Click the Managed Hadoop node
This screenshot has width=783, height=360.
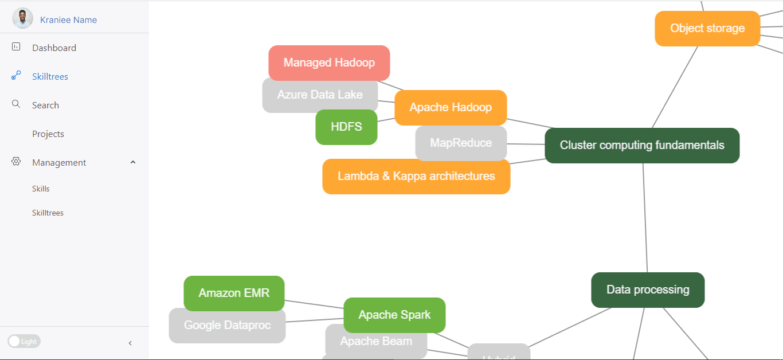pos(329,62)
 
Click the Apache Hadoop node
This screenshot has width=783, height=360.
pos(451,108)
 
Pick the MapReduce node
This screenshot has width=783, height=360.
pos(461,143)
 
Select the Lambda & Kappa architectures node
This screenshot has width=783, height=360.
pos(416,177)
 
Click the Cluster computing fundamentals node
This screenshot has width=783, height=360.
pos(642,146)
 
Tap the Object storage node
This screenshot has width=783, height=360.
pos(707,29)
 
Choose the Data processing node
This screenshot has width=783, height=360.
pos(648,290)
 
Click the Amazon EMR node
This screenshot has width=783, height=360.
pos(234,294)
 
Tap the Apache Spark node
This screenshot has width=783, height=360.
pos(394,315)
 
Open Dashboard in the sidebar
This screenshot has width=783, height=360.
pos(54,48)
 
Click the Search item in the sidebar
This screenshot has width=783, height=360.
pos(45,105)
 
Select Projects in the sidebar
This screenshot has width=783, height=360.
pos(48,134)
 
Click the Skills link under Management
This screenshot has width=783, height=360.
pos(41,189)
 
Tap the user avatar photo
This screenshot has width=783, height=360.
pos(22,19)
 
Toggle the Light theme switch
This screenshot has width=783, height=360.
pos(24,342)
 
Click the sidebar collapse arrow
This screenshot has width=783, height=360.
pos(130,343)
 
